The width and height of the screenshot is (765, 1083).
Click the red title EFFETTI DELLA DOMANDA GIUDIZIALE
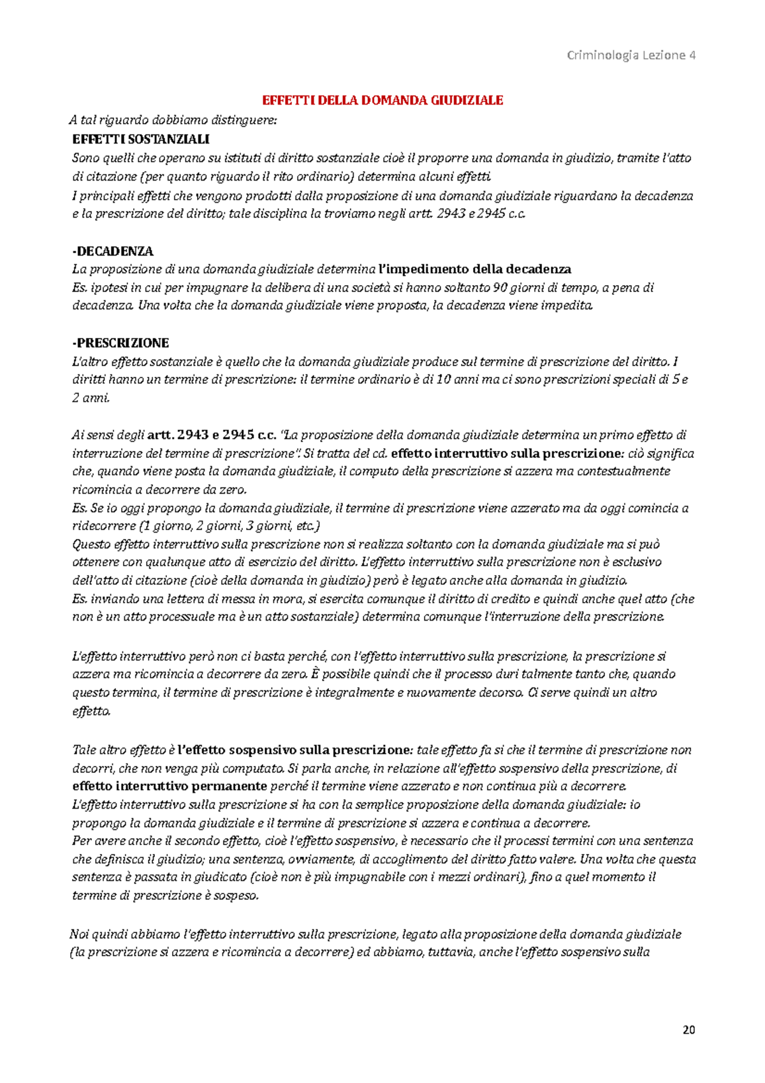(x=383, y=100)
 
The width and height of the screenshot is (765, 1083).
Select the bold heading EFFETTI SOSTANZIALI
(x=141, y=139)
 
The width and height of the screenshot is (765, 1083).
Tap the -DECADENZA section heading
(x=113, y=251)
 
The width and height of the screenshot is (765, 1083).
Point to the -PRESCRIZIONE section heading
(x=120, y=343)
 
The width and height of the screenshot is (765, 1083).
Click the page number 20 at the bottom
(x=688, y=1030)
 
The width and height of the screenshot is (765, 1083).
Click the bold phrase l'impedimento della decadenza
(x=474, y=269)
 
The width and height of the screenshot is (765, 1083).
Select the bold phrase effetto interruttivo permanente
(x=170, y=786)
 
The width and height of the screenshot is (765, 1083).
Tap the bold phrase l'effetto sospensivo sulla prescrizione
(x=295, y=750)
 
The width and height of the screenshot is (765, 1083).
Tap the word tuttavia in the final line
(x=450, y=953)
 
